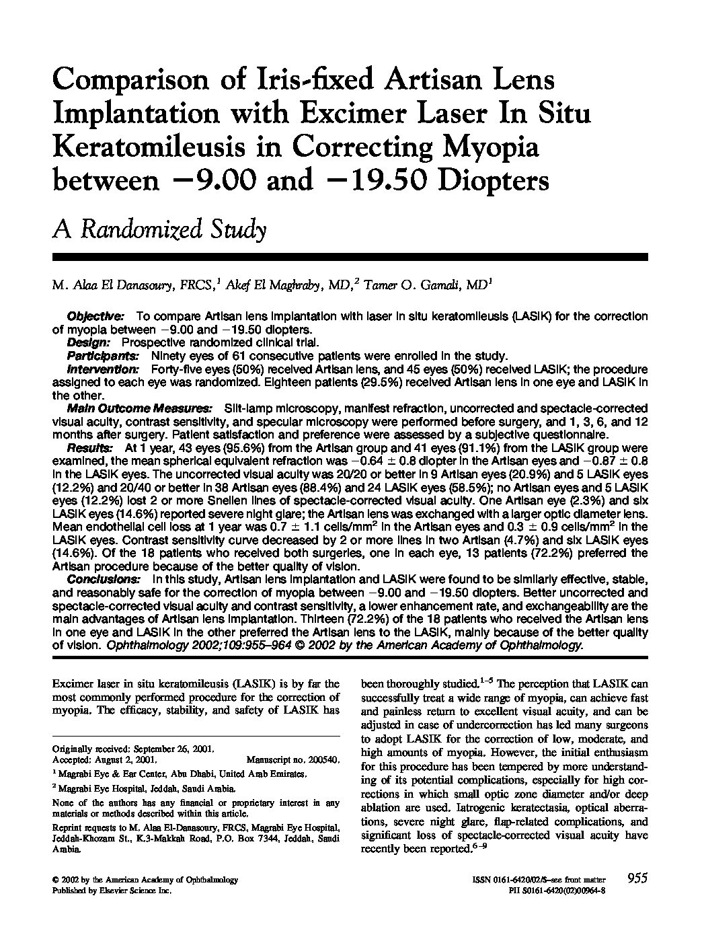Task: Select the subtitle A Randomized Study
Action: (x=159, y=229)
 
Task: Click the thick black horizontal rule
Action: (x=350, y=257)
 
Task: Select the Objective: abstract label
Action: (x=95, y=316)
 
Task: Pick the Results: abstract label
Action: (x=90, y=448)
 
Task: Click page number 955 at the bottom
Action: (x=636, y=878)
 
